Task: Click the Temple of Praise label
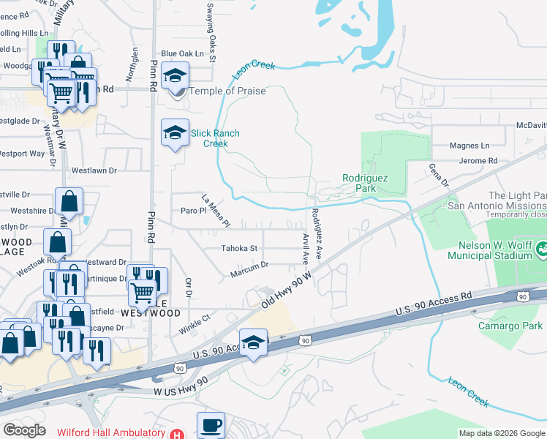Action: tap(227, 91)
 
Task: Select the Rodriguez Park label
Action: tap(364, 183)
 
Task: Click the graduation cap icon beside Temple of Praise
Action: tap(175, 75)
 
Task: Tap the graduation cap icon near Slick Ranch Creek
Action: tap(175, 132)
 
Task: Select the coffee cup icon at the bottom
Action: tap(211, 424)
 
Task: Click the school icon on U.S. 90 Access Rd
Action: tap(253, 342)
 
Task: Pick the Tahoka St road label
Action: tap(239, 249)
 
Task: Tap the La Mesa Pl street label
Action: tap(216, 211)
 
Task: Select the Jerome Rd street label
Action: tap(478, 161)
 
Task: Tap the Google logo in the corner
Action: tap(24, 429)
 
